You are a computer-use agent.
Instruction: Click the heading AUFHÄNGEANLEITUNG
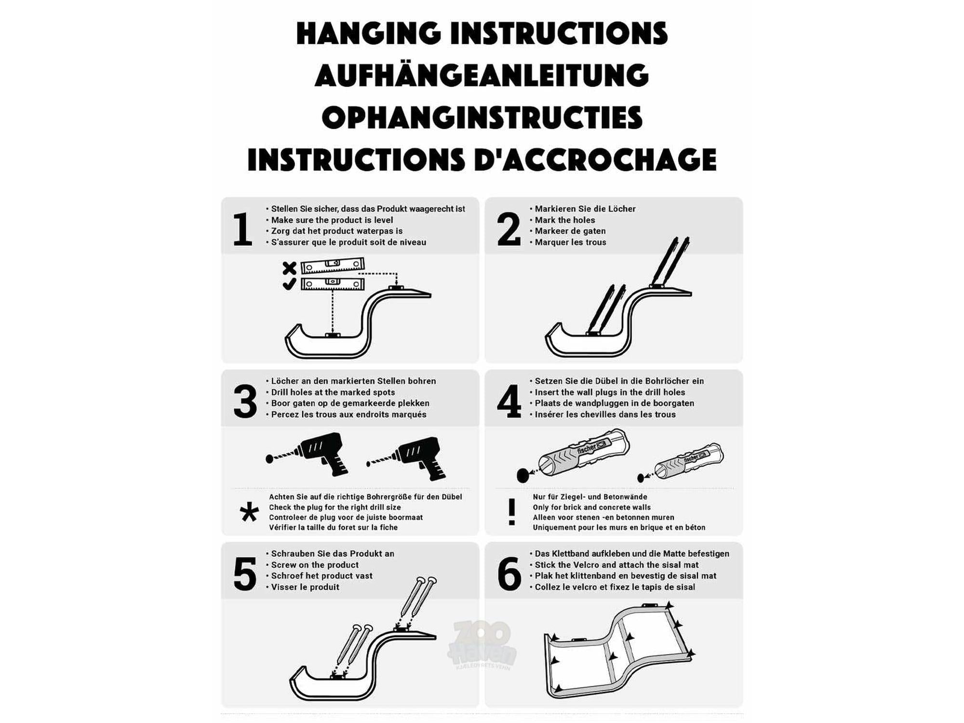coord(482,75)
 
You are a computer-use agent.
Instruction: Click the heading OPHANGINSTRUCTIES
coord(482,118)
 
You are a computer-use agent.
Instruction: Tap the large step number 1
coord(242,230)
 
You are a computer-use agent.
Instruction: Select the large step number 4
coord(509,402)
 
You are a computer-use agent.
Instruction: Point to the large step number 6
coord(509,574)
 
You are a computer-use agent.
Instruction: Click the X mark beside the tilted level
coord(289,268)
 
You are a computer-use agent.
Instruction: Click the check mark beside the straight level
coord(289,284)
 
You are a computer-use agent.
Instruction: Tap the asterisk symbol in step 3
coord(249,512)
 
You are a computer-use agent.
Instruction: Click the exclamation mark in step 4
coord(512,512)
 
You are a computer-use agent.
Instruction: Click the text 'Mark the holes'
coord(565,220)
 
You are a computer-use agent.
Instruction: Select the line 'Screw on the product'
coord(315,565)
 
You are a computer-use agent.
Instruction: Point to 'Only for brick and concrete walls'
coord(591,507)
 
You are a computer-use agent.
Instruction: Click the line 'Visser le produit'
coord(305,587)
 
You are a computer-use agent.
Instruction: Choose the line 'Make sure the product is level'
coord(332,220)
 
